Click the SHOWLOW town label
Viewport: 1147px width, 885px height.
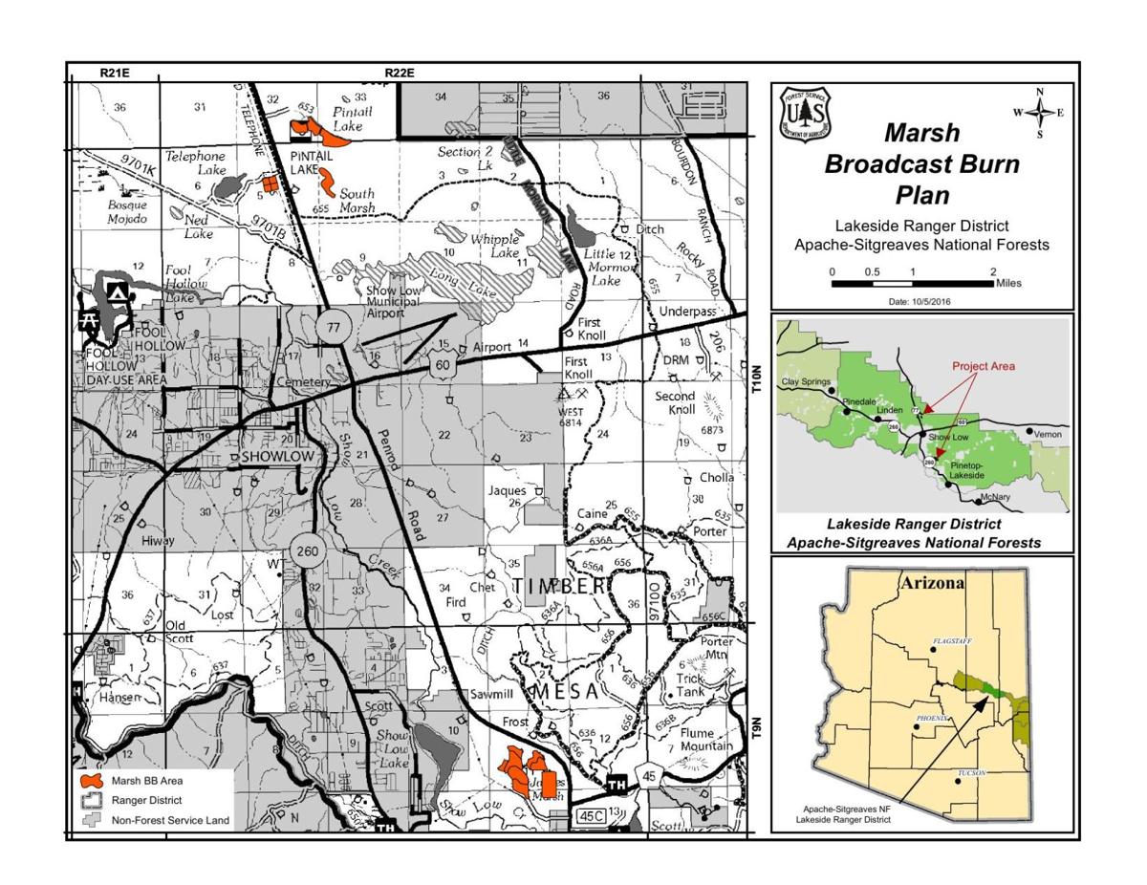277,458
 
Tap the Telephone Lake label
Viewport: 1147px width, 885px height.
196,156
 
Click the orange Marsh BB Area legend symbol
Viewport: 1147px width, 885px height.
93,781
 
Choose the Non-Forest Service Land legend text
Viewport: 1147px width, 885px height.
170,820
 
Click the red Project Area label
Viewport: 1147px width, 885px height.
983,366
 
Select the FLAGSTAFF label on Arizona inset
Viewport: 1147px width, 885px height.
952,642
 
